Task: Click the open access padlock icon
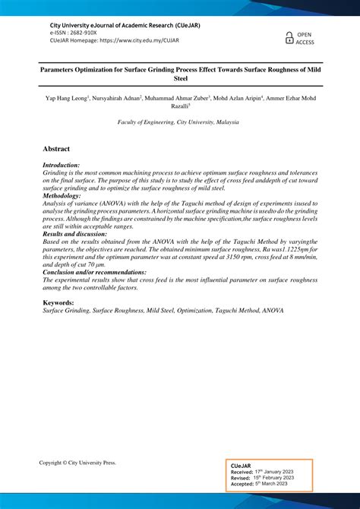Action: pos(289,38)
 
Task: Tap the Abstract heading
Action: pos(57,150)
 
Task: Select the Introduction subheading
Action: pos(62,166)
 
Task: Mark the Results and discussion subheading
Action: pos(75,234)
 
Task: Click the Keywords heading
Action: pos(58,302)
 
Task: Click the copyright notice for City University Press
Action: pos(77,463)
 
